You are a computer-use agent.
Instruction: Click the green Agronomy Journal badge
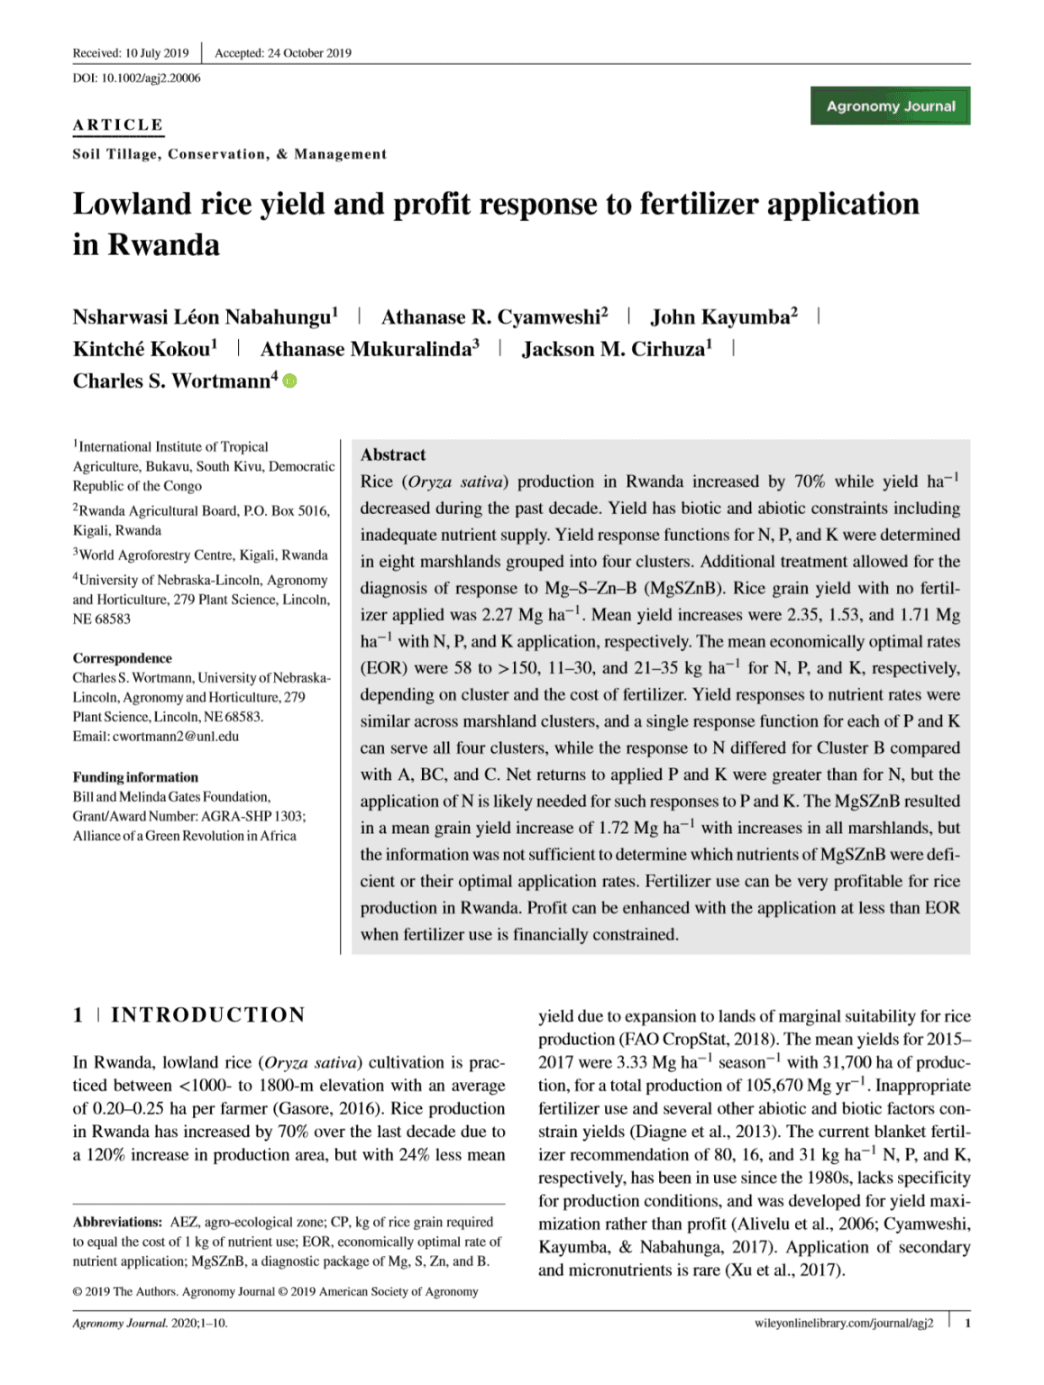coord(890,105)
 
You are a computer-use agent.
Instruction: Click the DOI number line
coord(136,78)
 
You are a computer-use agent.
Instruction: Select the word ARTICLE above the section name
coord(118,124)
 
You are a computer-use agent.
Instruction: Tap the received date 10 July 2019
coord(157,52)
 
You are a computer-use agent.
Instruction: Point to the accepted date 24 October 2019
coord(309,52)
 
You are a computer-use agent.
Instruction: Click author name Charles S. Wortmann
coord(172,381)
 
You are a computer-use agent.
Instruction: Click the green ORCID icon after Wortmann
coord(289,381)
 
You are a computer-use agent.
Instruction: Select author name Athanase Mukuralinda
coord(366,349)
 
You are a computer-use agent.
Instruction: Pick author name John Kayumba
coord(720,316)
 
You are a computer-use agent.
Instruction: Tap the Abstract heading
coord(393,454)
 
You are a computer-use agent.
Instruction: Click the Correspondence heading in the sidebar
coord(123,658)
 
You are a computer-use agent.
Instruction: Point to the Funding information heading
coord(135,777)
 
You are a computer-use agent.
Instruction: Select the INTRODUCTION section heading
coord(207,1014)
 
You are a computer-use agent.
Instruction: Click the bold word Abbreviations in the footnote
coord(118,1222)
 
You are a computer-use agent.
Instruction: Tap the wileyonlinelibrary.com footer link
coord(844,1323)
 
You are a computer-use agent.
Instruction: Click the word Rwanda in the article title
coord(164,244)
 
